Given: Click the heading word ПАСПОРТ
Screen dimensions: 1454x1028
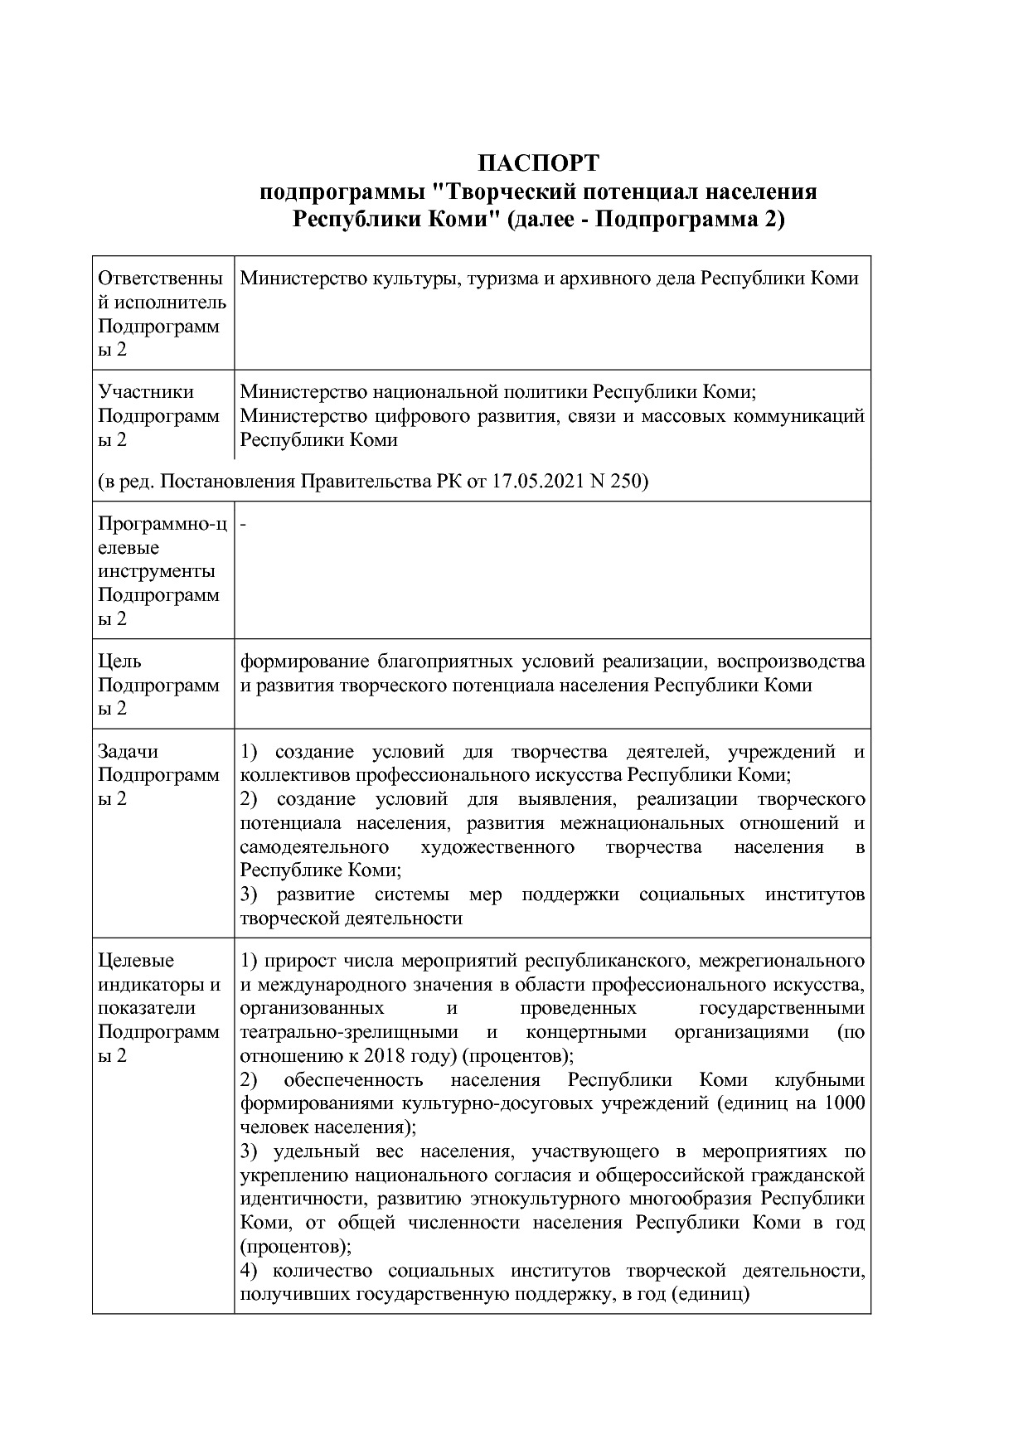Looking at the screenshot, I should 538,162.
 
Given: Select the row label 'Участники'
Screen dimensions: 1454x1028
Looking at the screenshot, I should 146,391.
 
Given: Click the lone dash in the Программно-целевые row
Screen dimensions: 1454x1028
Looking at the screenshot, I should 243,524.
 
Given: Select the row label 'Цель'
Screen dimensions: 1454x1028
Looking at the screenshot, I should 119,662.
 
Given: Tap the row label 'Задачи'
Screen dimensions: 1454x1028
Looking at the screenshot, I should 128,752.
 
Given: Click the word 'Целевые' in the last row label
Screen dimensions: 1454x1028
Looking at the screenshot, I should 136,961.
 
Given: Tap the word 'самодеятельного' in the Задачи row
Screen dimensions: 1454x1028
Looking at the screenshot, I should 315,847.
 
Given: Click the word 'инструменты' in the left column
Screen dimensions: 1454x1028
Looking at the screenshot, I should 157,571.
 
